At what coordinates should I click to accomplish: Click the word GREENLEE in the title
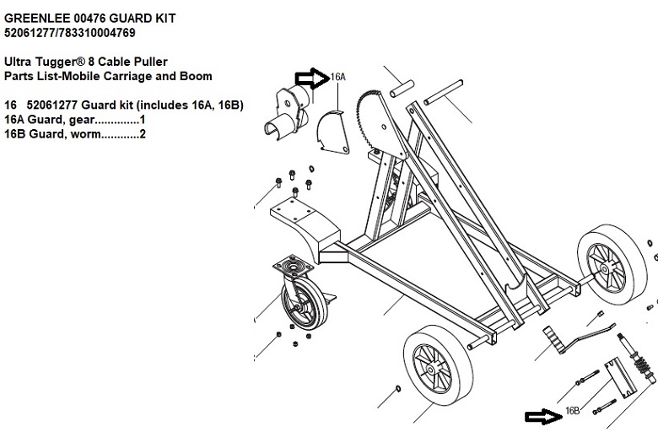click(x=35, y=19)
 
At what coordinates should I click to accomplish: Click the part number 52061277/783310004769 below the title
click(x=68, y=33)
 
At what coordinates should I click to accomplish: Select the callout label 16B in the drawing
click(x=571, y=411)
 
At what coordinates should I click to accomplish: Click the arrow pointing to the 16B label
click(x=542, y=416)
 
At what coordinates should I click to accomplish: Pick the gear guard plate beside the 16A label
click(x=335, y=134)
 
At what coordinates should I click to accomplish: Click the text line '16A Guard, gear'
click(x=75, y=119)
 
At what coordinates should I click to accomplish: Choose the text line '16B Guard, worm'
click(x=75, y=133)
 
